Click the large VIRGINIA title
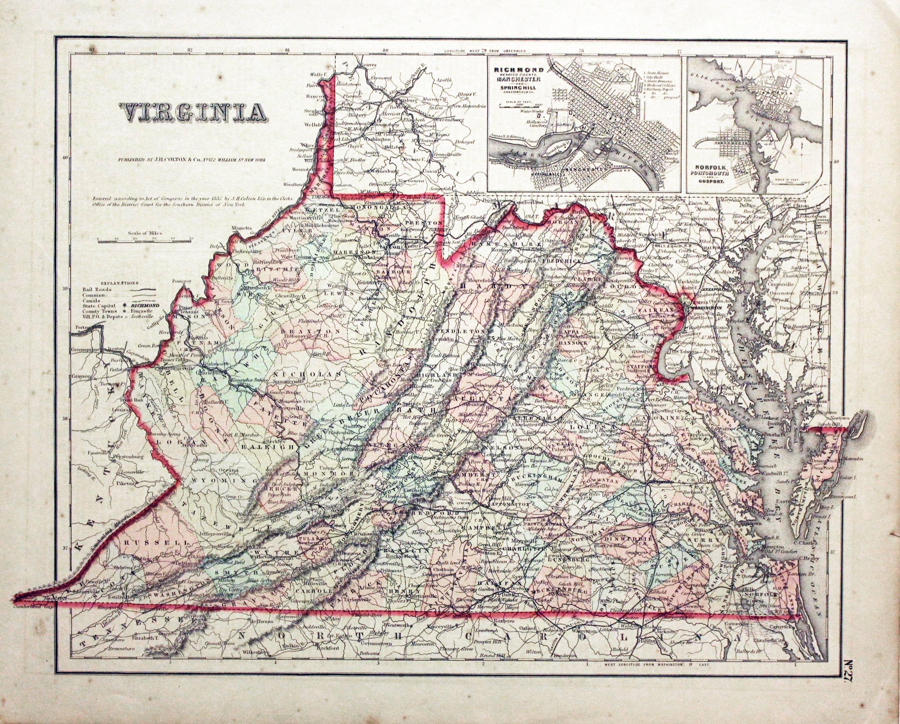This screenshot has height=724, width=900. pyautogui.click(x=193, y=112)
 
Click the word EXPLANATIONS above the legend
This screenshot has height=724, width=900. pyautogui.click(x=116, y=283)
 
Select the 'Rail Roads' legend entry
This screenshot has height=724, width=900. pyautogui.click(x=93, y=289)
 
